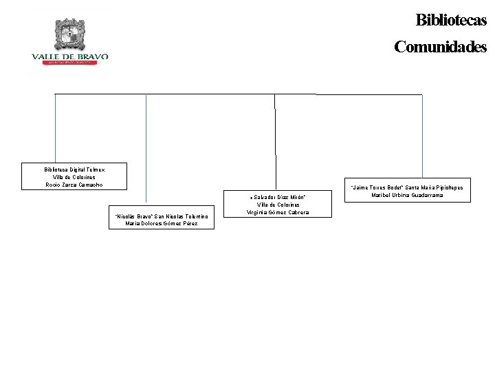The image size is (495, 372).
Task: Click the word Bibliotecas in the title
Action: point(450,20)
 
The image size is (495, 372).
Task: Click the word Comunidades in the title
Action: point(440,47)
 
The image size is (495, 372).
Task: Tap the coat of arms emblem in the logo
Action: point(69,34)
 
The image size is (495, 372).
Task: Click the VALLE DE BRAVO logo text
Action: point(69,56)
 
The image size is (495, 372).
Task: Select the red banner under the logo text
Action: point(69,63)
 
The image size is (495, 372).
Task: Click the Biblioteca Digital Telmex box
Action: point(75,176)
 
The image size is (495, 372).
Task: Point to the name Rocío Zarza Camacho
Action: point(75,185)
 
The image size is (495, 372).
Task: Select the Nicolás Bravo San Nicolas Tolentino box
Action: point(162,219)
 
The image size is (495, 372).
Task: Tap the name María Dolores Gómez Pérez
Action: point(162,223)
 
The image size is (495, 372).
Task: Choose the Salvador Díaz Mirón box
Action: point(278,204)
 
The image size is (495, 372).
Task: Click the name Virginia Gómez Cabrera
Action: point(278,212)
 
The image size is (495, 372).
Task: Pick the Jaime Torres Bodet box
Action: point(408,191)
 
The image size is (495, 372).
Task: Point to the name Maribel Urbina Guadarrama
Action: point(408,195)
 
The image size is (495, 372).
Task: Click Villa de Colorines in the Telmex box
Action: point(75,177)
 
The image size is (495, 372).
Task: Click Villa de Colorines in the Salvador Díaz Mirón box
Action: point(278,205)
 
